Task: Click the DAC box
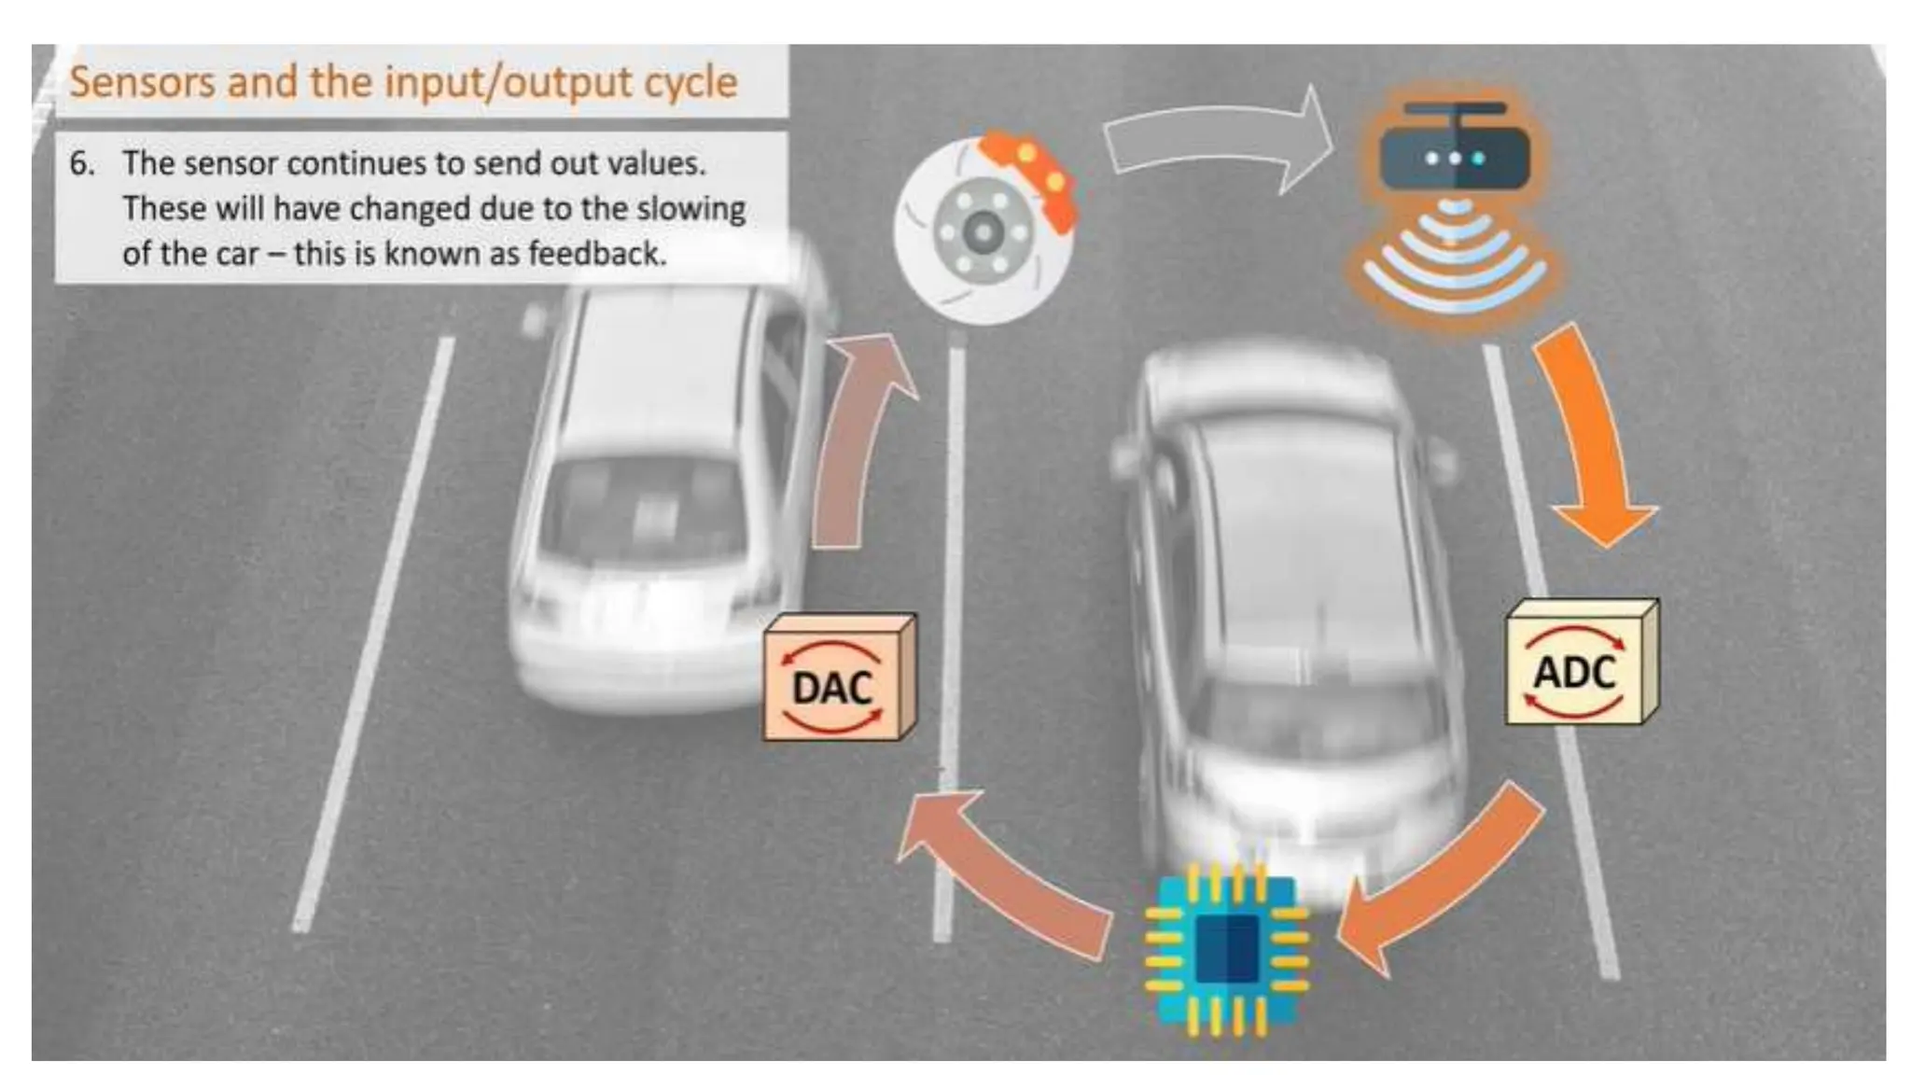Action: click(x=837, y=679)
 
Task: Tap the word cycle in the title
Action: click(x=693, y=82)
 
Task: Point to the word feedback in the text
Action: click(x=597, y=254)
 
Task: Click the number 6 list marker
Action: click(x=81, y=164)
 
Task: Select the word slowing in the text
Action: click(x=691, y=209)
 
